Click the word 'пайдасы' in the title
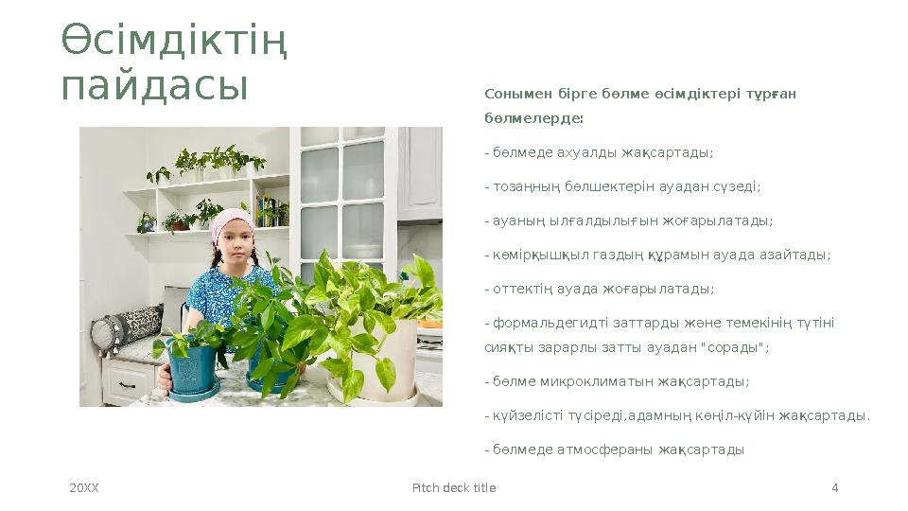click(154, 85)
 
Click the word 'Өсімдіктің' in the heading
click(175, 41)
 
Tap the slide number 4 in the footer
click(834, 488)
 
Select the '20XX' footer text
click(84, 488)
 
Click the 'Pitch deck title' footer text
click(454, 488)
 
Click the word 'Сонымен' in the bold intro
click(510, 94)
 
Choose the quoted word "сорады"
click(741, 347)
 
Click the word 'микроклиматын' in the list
click(572, 382)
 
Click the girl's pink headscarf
click(232, 223)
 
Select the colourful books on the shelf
click(269, 211)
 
